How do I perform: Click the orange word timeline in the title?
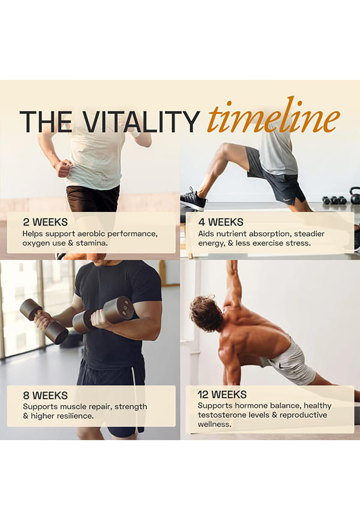coord(274,116)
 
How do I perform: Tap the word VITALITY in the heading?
coord(140,122)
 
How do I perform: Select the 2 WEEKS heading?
coord(45,222)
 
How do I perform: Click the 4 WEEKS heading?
coord(221,222)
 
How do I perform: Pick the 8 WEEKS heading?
coord(45,395)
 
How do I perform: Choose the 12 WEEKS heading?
coord(222,395)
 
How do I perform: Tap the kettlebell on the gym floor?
coord(355,195)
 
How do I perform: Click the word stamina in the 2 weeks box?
coord(90,243)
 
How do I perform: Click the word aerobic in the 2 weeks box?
coord(91,234)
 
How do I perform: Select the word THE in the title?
coord(46,122)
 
